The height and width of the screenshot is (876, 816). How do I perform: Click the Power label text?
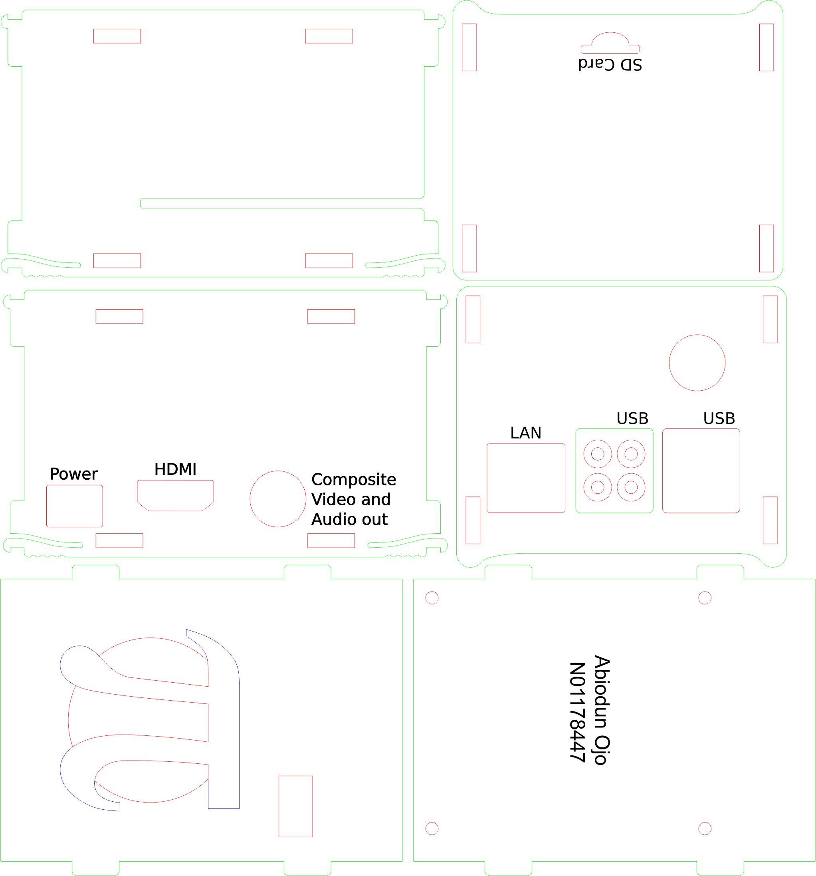pos(74,474)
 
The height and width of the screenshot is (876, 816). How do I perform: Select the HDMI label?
pos(175,469)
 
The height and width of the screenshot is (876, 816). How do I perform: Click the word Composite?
pos(354,479)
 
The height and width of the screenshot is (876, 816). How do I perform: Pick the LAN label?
pos(526,433)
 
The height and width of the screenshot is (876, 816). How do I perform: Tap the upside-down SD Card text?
pos(610,64)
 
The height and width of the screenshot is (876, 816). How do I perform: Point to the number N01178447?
pos(577,712)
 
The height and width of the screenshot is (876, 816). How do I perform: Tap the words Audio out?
pos(350,520)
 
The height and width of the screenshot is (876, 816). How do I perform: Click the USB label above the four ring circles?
pos(632,418)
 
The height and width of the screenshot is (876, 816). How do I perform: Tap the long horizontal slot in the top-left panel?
pos(282,199)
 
